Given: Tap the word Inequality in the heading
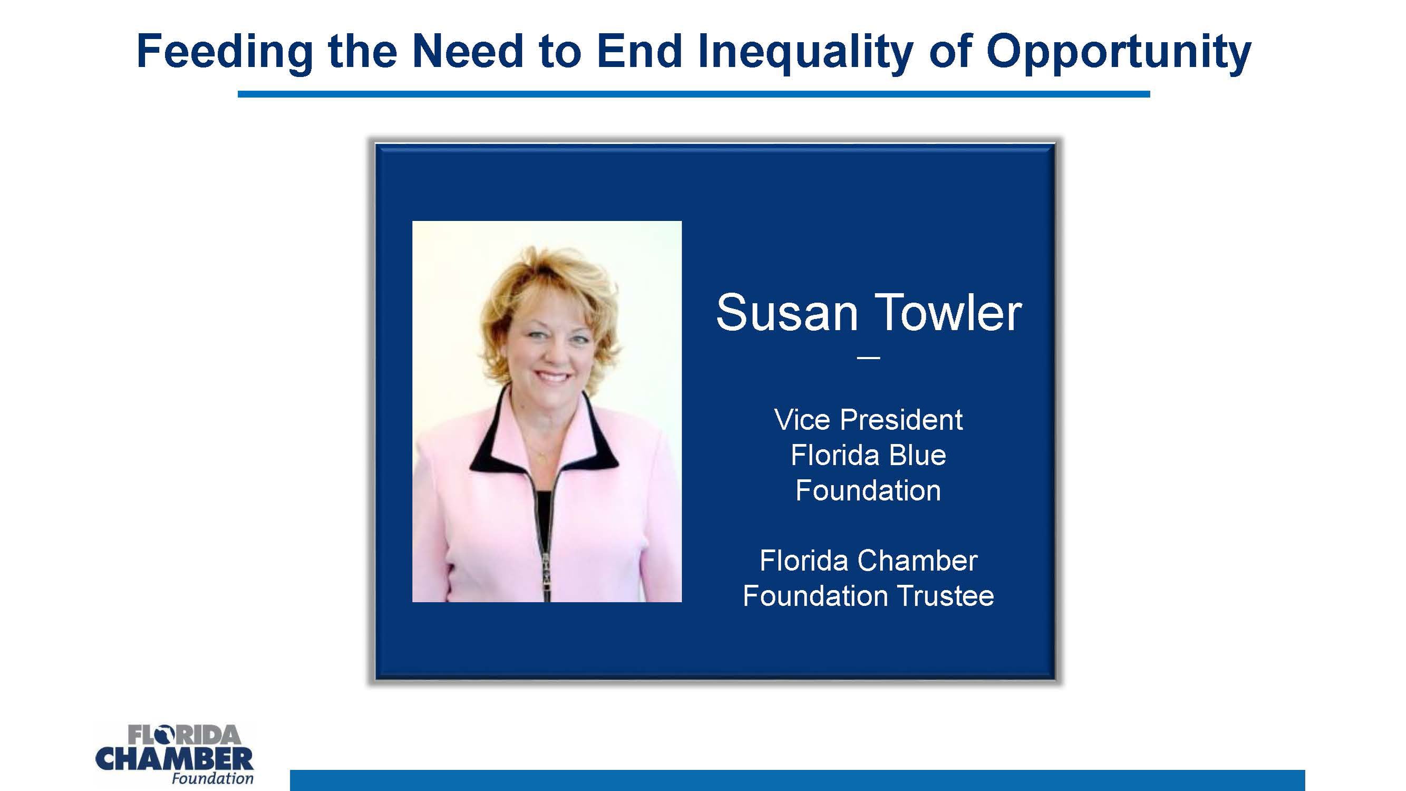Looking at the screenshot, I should point(806,52).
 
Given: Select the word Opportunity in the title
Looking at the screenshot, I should point(1118,52).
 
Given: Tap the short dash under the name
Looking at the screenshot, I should point(868,358).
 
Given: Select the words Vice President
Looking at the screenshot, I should point(868,420).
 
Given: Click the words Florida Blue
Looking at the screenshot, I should point(868,455).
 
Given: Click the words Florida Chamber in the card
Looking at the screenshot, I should point(868,561).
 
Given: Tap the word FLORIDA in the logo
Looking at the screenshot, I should point(184,735).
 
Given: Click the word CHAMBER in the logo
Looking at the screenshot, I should point(174,759).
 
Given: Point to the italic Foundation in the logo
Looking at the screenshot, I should point(212,778).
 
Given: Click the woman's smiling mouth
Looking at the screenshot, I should point(552,377).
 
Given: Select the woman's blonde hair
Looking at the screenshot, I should point(546,278).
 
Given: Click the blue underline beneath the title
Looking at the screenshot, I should point(693,94).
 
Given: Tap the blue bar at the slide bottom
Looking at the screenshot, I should point(797,780).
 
